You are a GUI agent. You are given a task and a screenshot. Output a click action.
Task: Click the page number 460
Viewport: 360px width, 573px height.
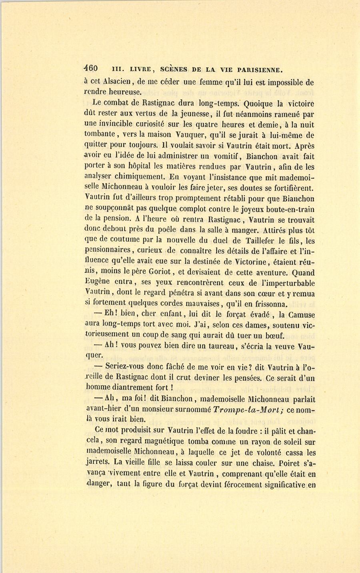click(93, 68)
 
